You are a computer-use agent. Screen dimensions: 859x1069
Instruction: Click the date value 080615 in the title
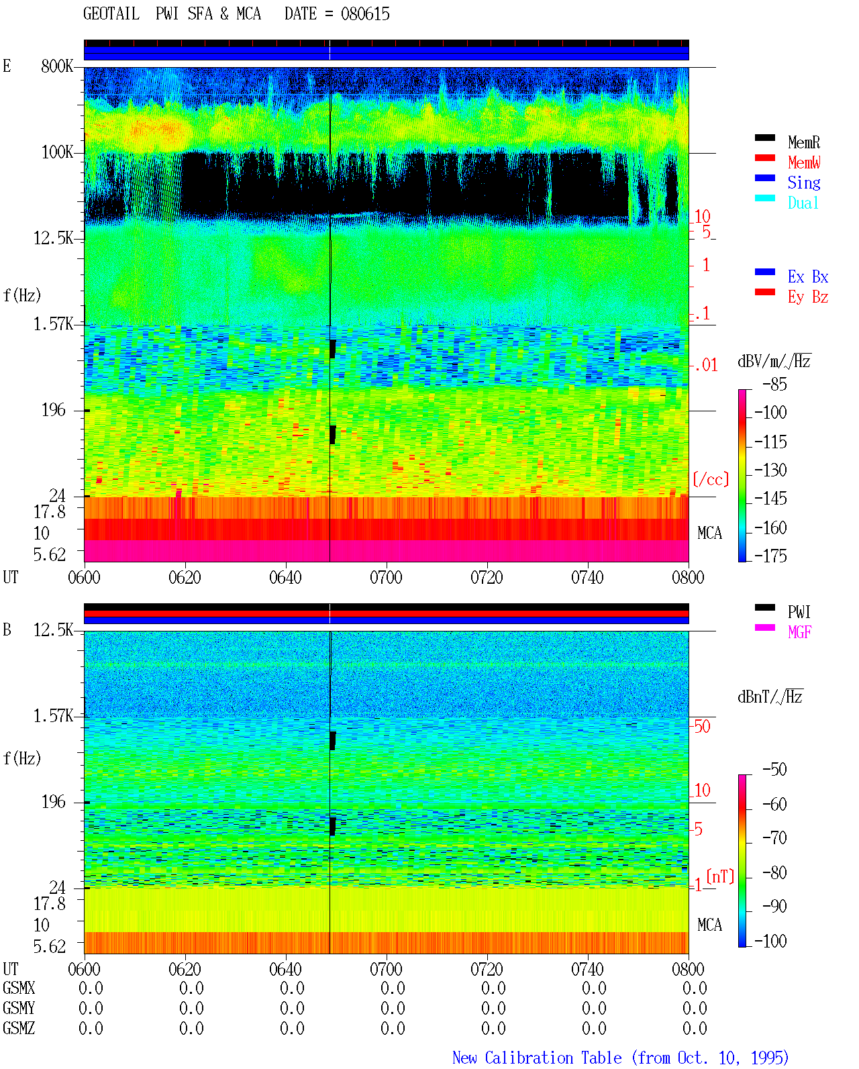click(x=365, y=14)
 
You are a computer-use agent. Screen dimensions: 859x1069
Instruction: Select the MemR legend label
click(x=804, y=142)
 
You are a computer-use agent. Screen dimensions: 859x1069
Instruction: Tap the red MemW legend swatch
click(x=764, y=158)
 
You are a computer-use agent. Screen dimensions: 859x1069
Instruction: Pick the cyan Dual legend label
click(x=803, y=203)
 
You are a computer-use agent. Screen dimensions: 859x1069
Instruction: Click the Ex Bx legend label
click(x=808, y=276)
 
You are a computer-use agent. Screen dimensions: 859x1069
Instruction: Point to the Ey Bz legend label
click(x=808, y=297)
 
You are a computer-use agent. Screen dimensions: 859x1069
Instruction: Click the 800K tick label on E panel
click(x=57, y=66)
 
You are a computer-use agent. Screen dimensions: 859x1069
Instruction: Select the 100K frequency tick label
click(x=57, y=152)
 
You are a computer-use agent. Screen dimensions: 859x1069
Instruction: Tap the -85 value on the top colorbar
click(x=774, y=384)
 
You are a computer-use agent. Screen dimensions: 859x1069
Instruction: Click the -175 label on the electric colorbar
click(x=770, y=556)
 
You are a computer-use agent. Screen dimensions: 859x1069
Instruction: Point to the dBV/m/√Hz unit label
click(x=774, y=361)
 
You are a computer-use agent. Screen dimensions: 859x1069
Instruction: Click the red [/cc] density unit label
click(x=711, y=479)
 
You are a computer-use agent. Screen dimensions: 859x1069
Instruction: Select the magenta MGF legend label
click(x=799, y=632)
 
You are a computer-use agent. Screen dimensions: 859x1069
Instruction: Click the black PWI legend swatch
click(x=764, y=607)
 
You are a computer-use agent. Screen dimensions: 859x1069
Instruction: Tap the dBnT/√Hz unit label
click(x=770, y=697)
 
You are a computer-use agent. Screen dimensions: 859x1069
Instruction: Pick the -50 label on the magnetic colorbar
click(x=774, y=770)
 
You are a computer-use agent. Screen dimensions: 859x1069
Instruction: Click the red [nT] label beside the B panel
click(x=720, y=876)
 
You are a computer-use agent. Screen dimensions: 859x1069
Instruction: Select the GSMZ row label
click(x=19, y=1028)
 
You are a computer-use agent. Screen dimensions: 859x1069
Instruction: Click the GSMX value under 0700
click(x=393, y=988)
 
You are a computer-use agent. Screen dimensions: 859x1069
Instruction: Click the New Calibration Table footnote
click(x=620, y=1058)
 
